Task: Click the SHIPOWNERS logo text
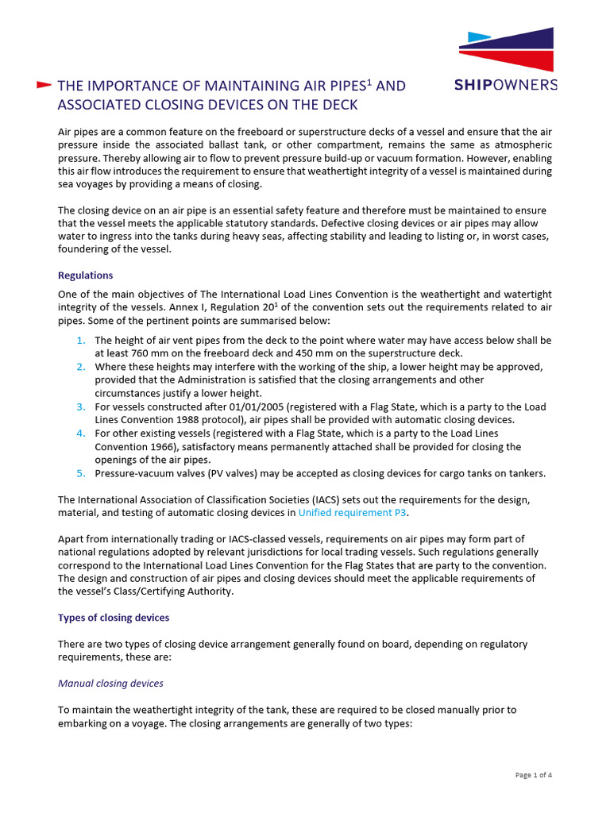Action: click(506, 85)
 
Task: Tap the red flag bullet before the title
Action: click(44, 85)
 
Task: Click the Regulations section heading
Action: click(86, 275)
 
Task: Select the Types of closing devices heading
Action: click(113, 617)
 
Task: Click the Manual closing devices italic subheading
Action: click(111, 683)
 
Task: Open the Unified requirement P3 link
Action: click(352, 512)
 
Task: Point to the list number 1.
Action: click(81, 340)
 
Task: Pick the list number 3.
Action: click(81, 406)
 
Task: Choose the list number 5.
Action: click(81, 473)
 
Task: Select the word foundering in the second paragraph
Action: click(87, 249)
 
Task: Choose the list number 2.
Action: click(81, 367)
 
